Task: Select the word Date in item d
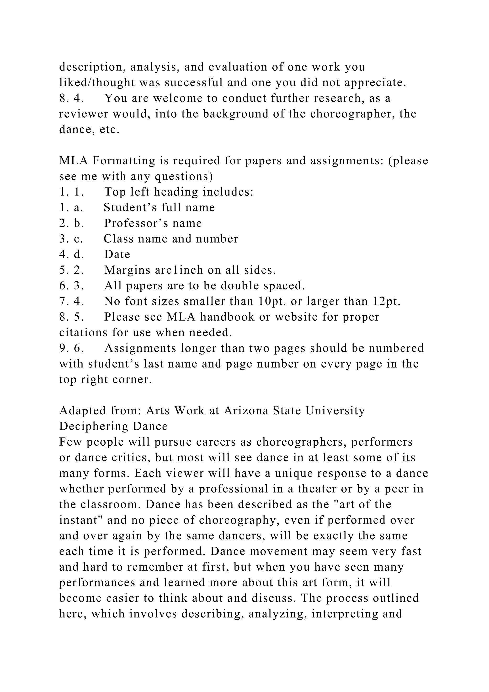pos(117,255)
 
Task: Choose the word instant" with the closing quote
pos(81,520)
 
